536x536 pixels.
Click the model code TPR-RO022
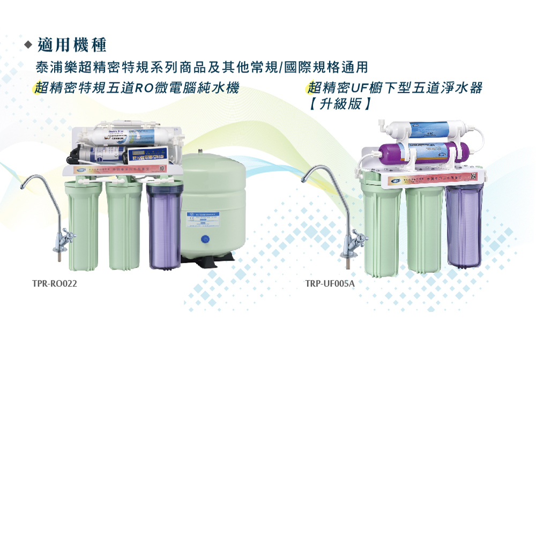point(54,284)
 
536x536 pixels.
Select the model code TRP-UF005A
point(330,284)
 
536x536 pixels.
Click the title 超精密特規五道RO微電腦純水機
point(137,88)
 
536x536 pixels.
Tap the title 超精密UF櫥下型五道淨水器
point(396,88)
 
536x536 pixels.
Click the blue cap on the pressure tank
point(204,239)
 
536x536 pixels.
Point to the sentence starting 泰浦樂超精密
point(202,68)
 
